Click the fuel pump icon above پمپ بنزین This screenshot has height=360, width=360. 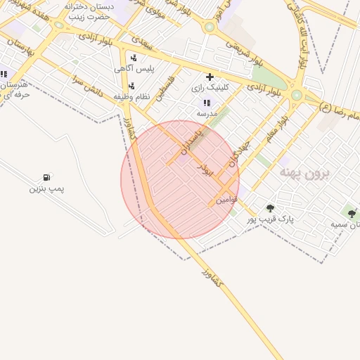[46, 177]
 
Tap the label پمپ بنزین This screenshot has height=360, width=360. [46, 188]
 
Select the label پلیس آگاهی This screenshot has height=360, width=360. [134, 70]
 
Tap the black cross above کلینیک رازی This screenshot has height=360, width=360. [210, 76]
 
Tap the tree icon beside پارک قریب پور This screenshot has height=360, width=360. [271, 208]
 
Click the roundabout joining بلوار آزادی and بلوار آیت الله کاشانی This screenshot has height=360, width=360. [297, 95]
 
